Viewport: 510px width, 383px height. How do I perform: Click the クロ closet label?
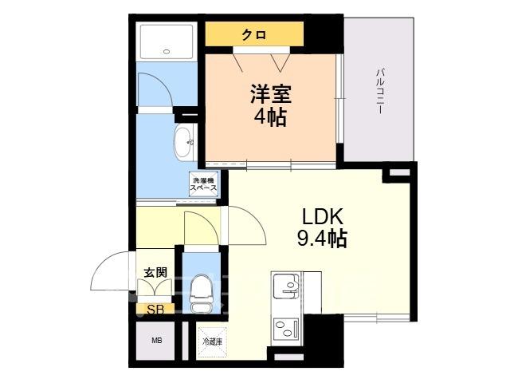pos(254,34)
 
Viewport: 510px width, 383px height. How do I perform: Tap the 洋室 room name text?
pos(270,94)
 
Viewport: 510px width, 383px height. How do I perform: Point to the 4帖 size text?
pos(270,116)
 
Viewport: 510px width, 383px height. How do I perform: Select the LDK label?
pos(322,216)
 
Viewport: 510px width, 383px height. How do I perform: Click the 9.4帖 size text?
pos(322,238)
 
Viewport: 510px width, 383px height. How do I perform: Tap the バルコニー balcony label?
pos(380,91)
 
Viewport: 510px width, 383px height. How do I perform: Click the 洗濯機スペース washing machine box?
pos(203,184)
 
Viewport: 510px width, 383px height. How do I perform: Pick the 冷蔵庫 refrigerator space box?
pos(213,342)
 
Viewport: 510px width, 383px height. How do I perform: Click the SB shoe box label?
pos(155,309)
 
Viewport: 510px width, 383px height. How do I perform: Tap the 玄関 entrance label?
pos(156,272)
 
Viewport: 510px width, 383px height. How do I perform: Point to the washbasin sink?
pos(184,143)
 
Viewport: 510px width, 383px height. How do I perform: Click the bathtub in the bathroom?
pos(167,41)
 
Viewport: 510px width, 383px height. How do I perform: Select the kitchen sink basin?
pos(286,286)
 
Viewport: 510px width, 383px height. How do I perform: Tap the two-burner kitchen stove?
pos(286,328)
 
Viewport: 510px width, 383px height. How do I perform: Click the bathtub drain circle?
pos(167,51)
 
